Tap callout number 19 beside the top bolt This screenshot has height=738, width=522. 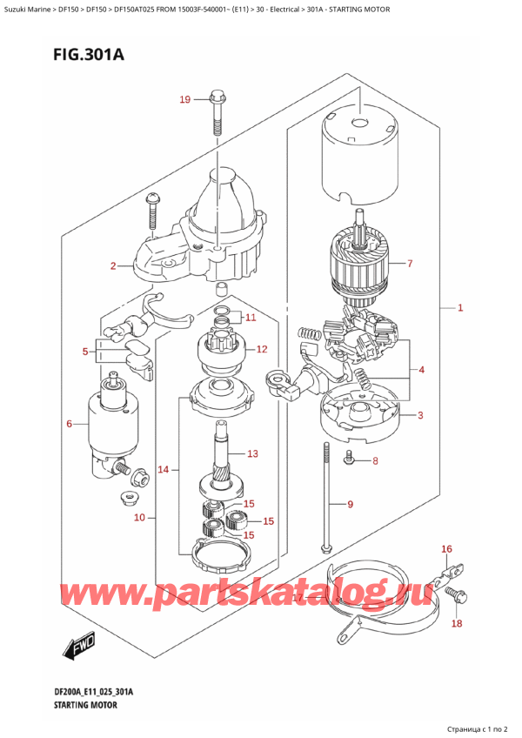tap(185, 100)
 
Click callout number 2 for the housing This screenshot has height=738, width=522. tap(113, 266)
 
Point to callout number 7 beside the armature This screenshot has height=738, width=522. tap(410, 263)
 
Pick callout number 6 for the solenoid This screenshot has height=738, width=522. tap(70, 424)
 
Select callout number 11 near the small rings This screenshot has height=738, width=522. tap(251, 317)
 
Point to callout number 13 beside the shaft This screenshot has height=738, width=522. tap(253, 453)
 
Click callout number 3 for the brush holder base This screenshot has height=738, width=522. tap(420, 415)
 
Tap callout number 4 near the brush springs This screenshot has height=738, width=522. tap(421, 371)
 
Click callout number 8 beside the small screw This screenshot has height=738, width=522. tap(375, 460)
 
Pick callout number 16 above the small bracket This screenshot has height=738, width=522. tap(447, 549)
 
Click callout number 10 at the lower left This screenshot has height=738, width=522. tap(140, 518)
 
